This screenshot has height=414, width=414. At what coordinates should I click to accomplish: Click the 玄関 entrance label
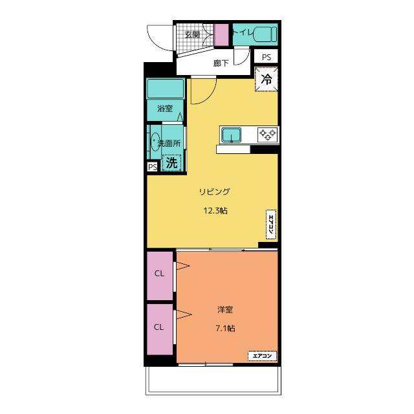192,34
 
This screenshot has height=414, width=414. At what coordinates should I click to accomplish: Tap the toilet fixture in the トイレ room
265,34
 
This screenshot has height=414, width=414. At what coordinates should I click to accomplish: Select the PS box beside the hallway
266,56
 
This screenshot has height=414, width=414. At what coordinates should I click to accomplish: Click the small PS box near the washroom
153,167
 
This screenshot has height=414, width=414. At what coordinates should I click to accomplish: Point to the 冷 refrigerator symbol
267,79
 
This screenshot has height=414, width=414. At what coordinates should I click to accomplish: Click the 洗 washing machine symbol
171,162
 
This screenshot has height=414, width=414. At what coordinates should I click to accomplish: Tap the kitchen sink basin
232,135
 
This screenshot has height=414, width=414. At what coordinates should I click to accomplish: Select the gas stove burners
268,135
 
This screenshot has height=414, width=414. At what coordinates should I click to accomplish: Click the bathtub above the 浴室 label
166,89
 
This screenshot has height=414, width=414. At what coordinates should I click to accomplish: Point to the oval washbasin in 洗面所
155,142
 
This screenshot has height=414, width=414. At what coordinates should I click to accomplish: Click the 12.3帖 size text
215,210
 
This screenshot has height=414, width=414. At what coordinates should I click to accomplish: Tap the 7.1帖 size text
225,328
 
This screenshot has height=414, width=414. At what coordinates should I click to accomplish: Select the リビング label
214,191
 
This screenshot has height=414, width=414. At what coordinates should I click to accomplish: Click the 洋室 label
225,309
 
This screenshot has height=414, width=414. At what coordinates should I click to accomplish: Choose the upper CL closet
160,276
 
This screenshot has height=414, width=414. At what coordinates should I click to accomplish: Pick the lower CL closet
160,329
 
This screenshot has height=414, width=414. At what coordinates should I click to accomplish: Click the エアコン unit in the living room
271,224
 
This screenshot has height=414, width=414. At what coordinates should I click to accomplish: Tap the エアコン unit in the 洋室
262,356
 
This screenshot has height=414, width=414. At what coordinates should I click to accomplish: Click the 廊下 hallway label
221,63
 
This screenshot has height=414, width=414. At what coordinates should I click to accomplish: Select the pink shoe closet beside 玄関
221,35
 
